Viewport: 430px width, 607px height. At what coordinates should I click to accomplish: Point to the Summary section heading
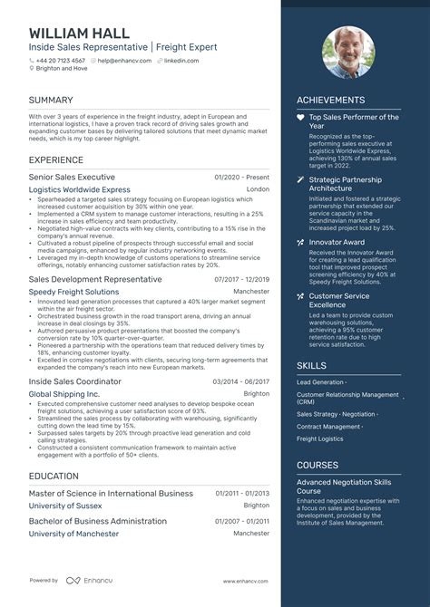tap(51, 100)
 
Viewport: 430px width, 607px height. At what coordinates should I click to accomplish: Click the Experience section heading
tap(56, 159)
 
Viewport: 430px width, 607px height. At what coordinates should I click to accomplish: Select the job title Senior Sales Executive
tap(72, 178)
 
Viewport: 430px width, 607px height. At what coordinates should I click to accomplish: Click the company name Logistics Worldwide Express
tap(80, 190)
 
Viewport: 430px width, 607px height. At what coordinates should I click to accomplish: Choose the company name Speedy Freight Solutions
tap(73, 293)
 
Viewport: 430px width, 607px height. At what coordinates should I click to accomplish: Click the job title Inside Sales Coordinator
tap(74, 381)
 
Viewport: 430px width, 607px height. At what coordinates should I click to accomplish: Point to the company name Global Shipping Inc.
tap(64, 394)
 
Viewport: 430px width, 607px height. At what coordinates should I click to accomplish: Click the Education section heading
tap(54, 475)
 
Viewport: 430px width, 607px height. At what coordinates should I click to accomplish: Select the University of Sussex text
tap(66, 506)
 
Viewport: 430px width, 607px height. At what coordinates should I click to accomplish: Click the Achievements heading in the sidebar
tap(330, 101)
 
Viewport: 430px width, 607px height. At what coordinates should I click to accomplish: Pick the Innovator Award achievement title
tap(337, 242)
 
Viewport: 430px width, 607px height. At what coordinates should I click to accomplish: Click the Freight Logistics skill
tap(320, 439)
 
